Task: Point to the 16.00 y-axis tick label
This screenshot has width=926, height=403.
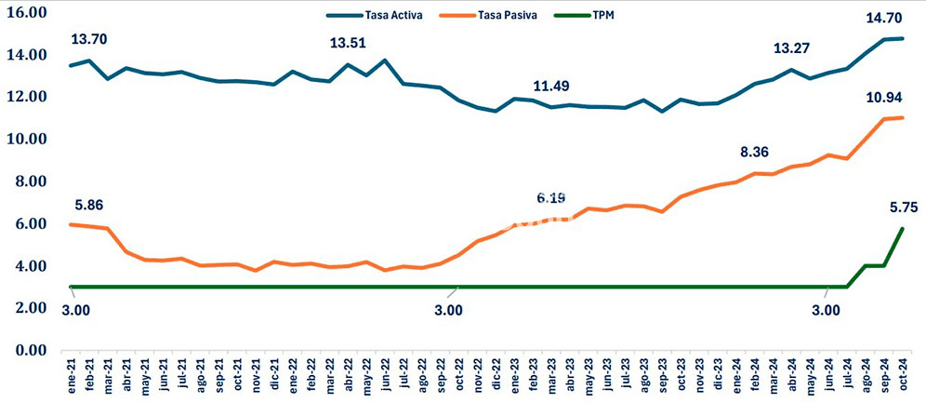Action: (26, 13)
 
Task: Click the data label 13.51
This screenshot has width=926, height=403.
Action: (349, 44)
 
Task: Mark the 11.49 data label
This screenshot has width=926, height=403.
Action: (552, 87)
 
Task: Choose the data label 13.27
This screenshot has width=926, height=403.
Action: (793, 48)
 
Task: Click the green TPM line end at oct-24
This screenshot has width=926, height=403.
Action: (902, 229)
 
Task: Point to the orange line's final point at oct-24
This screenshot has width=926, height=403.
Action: (902, 117)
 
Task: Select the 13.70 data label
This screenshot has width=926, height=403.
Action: (90, 39)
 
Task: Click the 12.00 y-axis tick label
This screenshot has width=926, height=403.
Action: (26, 98)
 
